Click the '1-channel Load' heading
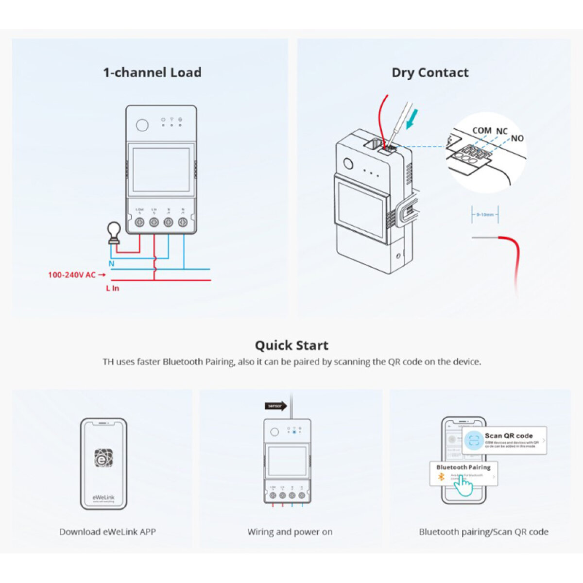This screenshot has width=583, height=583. pyautogui.click(x=152, y=73)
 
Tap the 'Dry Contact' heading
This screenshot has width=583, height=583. pyautogui.click(x=430, y=73)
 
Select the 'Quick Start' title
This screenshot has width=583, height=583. pyautogui.click(x=291, y=345)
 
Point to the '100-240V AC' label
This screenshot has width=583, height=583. pyautogui.click(x=72, y=275)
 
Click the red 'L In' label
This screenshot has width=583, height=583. pyautogui.click(x=113, y=288)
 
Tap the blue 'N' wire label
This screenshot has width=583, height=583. pyautogui.click(x=112, y=264)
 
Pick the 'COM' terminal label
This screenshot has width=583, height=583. pyautogui.click(x=481, y=131)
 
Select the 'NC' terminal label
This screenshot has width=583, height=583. pyautogui.click(x=502, y=131)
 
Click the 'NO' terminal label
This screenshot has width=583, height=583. pyautogui.click(x=517, y=138)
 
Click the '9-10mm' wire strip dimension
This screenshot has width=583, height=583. pyautogui.click(x=484, y=214)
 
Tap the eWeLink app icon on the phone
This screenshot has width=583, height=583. pyautogui.click(x=103, y=458)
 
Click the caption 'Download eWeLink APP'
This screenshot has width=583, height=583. pyautogui.click(x=107, y=532)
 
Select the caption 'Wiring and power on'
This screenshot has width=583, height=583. pyautogui.click(x=290, y=532)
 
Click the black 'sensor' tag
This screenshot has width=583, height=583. pyautogui.click(x=275, y=406)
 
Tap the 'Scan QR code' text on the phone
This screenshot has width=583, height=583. pyautogui.click(x=509, y=436)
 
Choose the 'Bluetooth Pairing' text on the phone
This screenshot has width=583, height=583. pyautogui.click(x=463, y=467)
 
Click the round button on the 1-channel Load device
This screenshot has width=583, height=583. pyautogui.click(x=142, y=125)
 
